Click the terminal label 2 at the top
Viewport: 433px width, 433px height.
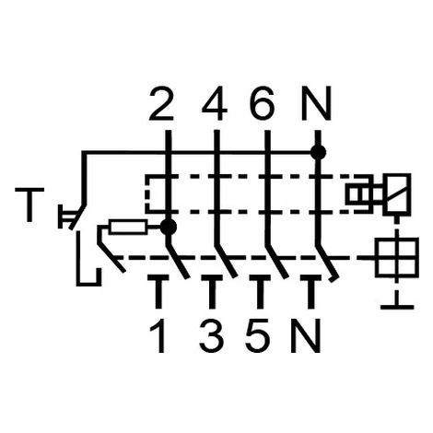tap(161, 103)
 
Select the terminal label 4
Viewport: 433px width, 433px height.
tap(215, 103)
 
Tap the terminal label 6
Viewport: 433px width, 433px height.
tap(262, 103)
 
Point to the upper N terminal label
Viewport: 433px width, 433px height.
tap(317, 103)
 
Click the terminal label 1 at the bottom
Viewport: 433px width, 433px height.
tap(158, 335)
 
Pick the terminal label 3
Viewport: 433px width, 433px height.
tap(212, 335)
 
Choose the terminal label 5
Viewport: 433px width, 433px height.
tap(258, 335)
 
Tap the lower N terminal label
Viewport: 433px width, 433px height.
tap(306, 335)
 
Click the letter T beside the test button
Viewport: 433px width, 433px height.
tap(29, 205)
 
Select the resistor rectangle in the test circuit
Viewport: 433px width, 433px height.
tap(128, 228)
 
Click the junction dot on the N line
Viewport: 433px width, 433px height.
tap(318, 152)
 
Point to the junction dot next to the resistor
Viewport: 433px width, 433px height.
tap(169, 228)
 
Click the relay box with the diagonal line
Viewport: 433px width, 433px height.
tap(398, 193)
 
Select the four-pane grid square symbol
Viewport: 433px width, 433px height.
tap(397, 257)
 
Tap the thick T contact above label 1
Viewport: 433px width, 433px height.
tap(158, 291)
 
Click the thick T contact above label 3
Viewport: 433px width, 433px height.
tap(212, 291)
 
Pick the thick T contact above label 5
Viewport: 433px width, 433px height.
tap(260, 291)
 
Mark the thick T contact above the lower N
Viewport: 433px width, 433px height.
tap(310, 291)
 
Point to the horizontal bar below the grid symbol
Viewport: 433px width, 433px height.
tap(397, 307)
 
